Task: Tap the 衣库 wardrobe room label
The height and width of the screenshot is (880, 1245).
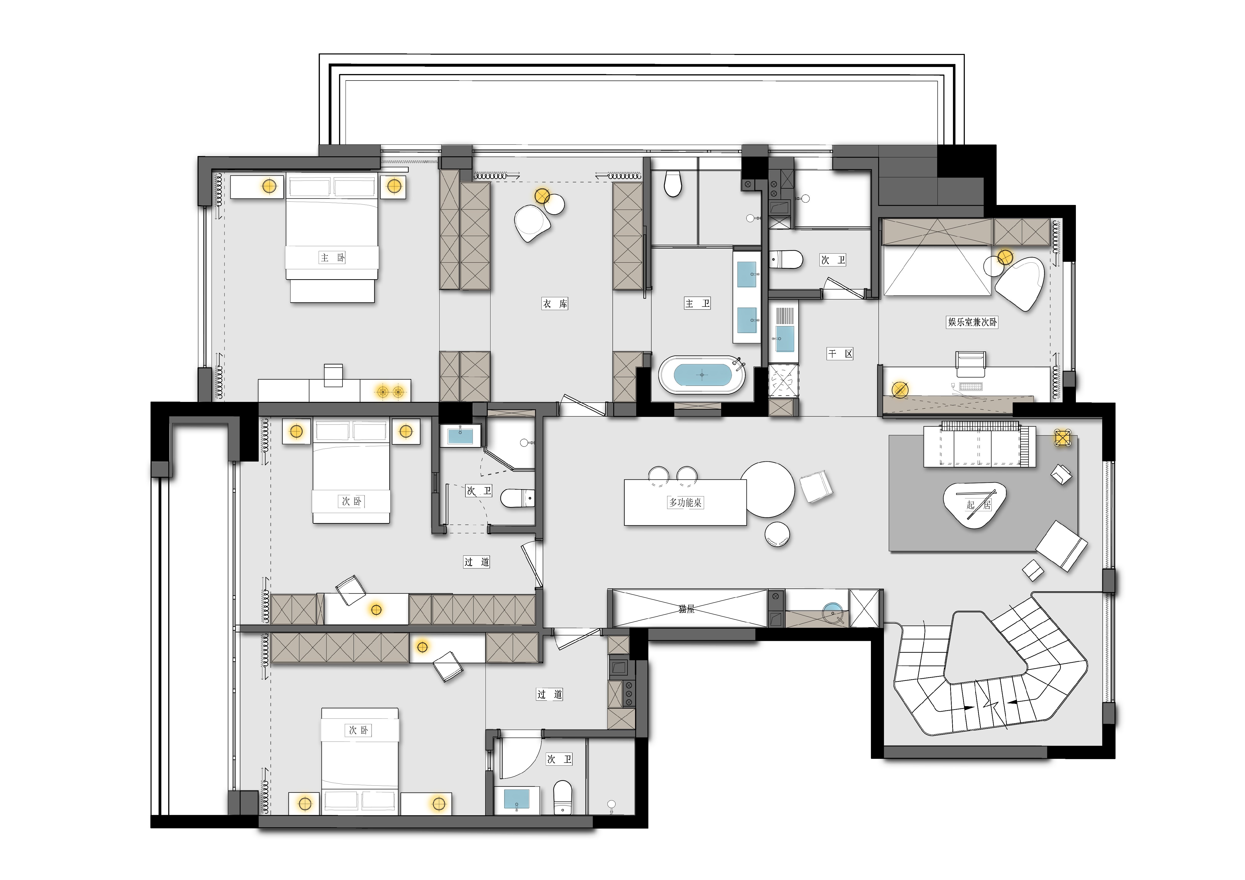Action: tap(555, 304)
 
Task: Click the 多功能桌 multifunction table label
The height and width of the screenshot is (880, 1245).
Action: tap(685, 503)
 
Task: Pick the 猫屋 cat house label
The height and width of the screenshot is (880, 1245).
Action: tap(686, 609)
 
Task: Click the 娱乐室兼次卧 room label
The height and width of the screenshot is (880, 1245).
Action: tap(972, 322)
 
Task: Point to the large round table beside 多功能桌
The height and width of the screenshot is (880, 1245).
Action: tap(767, 489)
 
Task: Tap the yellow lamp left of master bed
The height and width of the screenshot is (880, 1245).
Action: tap(269, 186)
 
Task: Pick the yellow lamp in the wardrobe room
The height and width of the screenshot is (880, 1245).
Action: tap(542, 196)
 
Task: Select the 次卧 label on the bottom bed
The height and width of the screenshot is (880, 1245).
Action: tap(359, 730)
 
